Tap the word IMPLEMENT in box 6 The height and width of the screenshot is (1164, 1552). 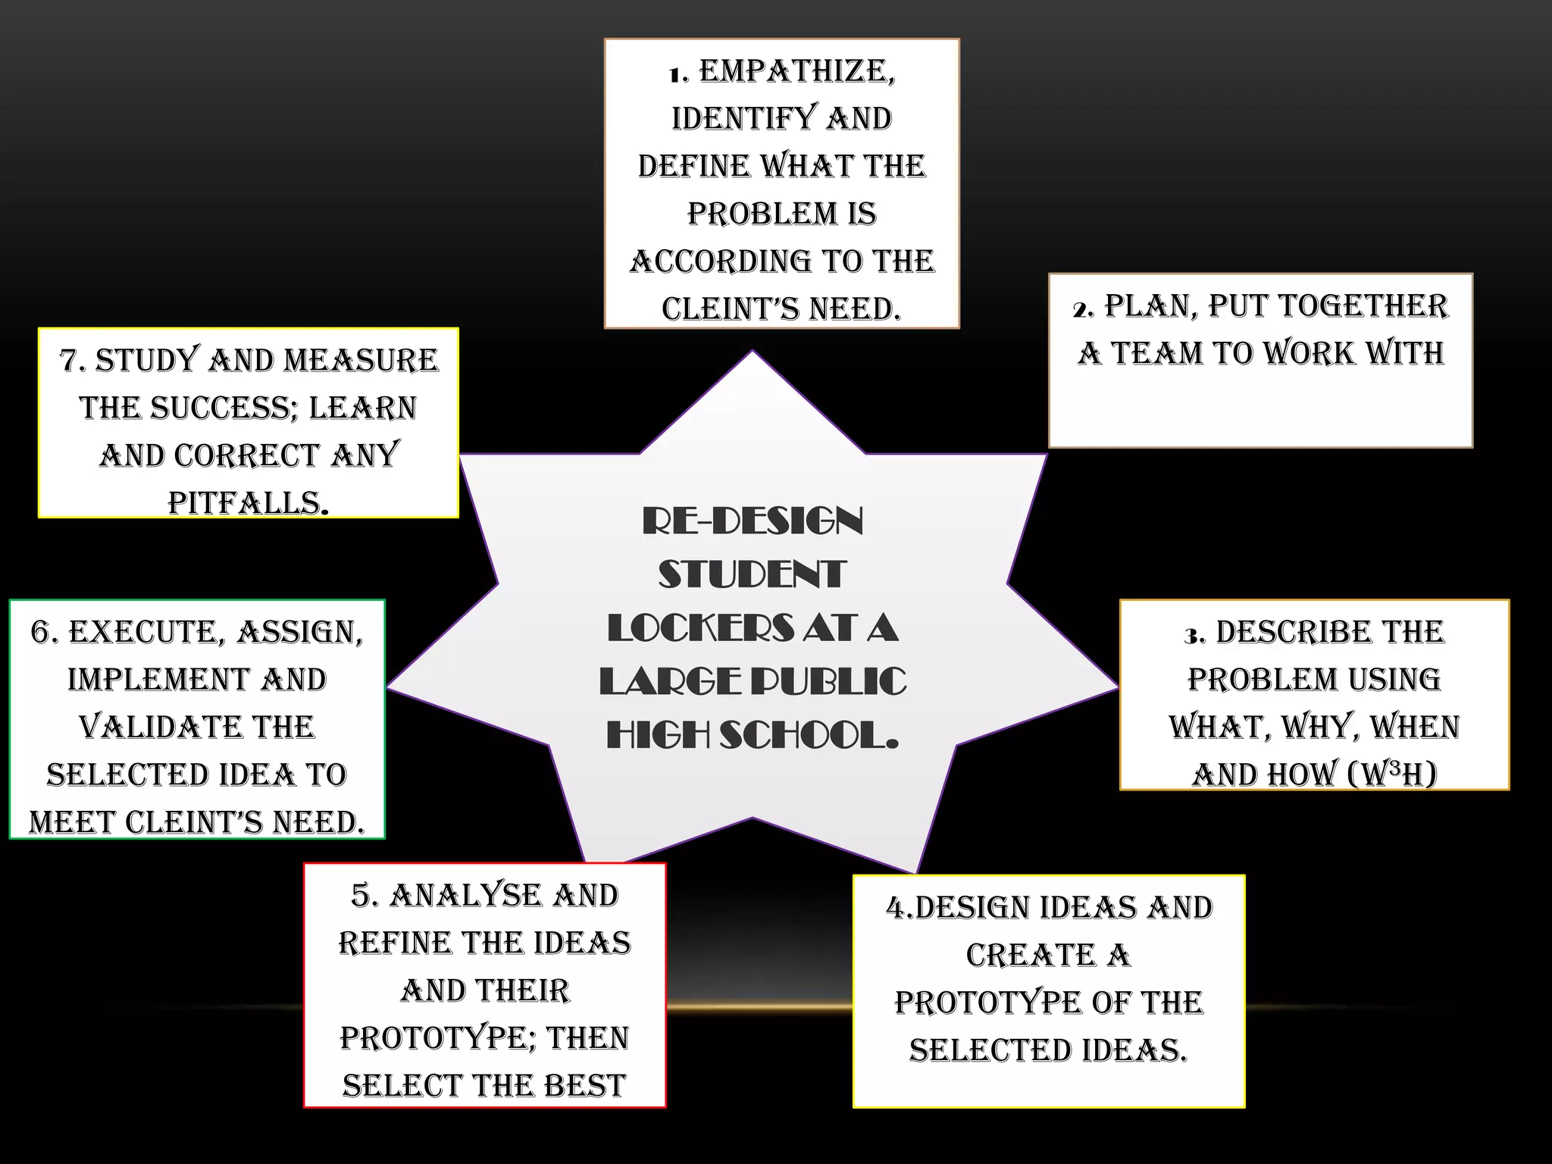click(x=158, y=680)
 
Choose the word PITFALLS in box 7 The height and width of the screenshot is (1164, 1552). click(x=247, y=503)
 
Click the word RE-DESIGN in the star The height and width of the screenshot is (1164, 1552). click(x=753, y=521)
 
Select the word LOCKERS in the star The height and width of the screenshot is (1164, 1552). click(x=700, y=628)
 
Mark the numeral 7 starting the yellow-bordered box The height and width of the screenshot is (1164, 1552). click(x=69, y=361)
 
